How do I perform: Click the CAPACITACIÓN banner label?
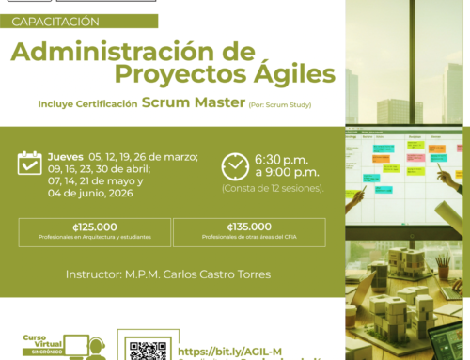click(x=56, y=21)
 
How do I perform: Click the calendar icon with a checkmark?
click(x=30, y=163)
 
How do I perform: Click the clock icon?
click(x=235, y=166)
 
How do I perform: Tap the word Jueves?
click(x=65, y=156)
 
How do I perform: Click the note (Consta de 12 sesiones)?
click(x=273, y=188)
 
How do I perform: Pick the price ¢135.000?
click(x=249, y=227)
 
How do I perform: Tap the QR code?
click(x=148, y=349)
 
